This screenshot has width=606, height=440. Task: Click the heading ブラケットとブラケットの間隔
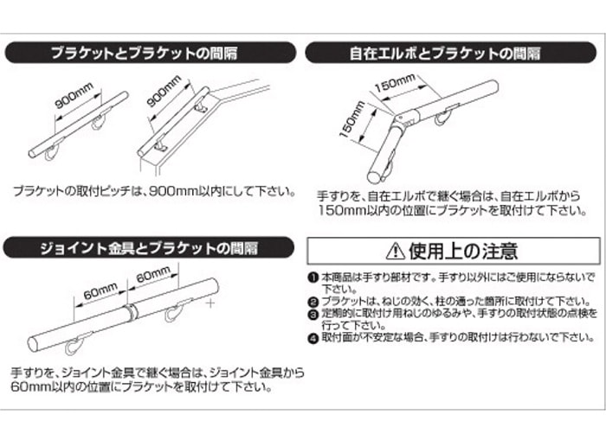[x=156, y=53]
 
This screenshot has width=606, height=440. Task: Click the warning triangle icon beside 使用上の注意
[x=395, y=252]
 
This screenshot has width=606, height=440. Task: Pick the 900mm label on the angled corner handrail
[x=164, y=93]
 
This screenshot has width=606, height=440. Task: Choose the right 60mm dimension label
[x=152, y=277]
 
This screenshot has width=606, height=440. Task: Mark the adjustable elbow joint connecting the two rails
[x=403, y=119]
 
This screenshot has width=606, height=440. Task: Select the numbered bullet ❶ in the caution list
[x=313, y=277]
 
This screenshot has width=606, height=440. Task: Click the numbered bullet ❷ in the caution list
[x=313, y=300]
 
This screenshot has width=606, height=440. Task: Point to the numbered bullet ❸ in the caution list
[x=313, y=312]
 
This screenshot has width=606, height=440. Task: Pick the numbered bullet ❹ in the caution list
[x=313, y=337]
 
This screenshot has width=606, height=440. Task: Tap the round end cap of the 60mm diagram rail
[x=35, y=342]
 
